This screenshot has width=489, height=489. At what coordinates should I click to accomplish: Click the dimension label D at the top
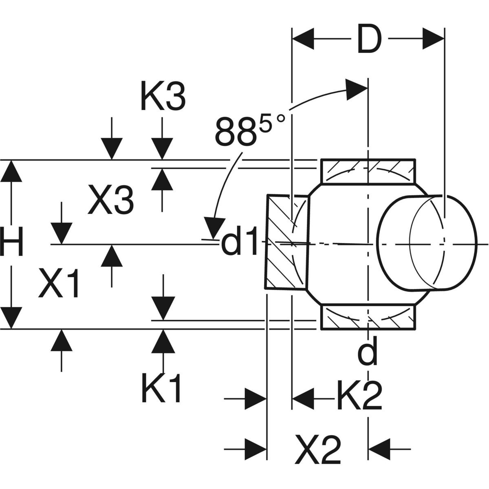click(369, 40)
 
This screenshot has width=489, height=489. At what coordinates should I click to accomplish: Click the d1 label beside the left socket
click(240, 244)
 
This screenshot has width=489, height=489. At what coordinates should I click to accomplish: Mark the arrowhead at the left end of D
click(303, 39)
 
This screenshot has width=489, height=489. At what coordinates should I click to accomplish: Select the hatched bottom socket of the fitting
click(369, 317)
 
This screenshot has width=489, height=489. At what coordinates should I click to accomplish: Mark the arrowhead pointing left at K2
click(304, 395)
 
